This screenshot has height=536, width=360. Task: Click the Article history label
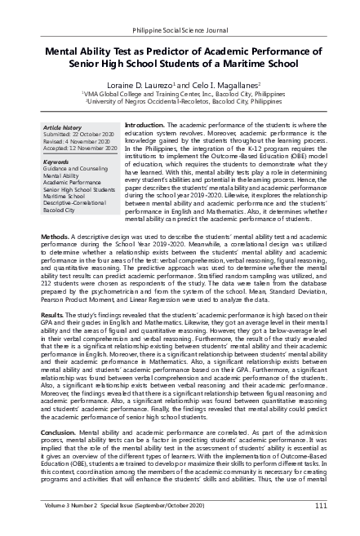(63, 128)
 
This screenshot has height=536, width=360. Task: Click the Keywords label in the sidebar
(58, 162)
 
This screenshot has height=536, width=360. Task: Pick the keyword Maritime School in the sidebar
(67, 197)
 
